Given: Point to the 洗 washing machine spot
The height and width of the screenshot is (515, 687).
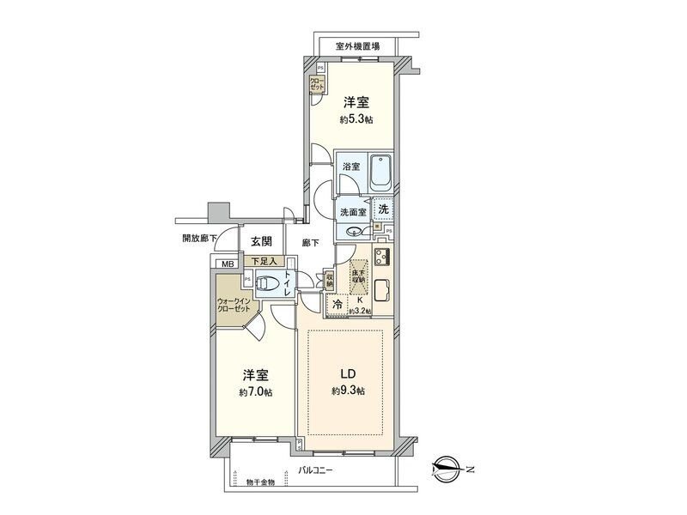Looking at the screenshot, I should (x=384, y=209).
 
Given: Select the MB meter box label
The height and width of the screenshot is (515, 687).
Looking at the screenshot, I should (x=227, y=264).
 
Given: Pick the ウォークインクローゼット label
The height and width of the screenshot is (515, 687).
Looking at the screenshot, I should (x=233, y=306).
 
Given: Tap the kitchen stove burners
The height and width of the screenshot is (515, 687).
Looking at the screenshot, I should (x=382, y=257).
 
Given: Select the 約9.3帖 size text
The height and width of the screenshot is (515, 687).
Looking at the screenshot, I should (x=349, y=391).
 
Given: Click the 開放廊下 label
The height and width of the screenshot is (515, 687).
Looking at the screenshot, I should (x=198, y=239).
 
